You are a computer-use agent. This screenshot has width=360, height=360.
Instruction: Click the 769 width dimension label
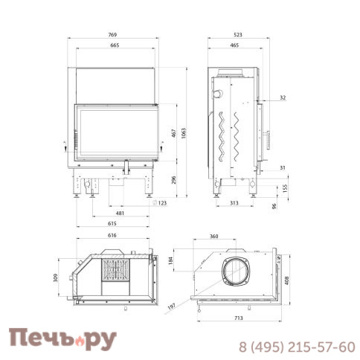pos(112,35)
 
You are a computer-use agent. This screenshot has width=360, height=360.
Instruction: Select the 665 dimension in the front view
pos(115,45)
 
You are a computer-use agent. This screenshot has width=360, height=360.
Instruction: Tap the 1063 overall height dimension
pos(184,133)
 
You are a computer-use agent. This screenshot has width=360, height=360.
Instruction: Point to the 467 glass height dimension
pos(174,133)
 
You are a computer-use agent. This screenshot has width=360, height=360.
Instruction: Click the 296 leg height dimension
pos(174,180)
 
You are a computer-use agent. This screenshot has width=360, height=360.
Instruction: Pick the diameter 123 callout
pos(160,203)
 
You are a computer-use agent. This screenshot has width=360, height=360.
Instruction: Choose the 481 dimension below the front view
pos(120,213)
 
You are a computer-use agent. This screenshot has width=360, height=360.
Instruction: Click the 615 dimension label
pos(112,223)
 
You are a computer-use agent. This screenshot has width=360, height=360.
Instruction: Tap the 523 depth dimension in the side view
pos(238,35)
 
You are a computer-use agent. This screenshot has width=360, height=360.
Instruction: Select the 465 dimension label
pos(234,45)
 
